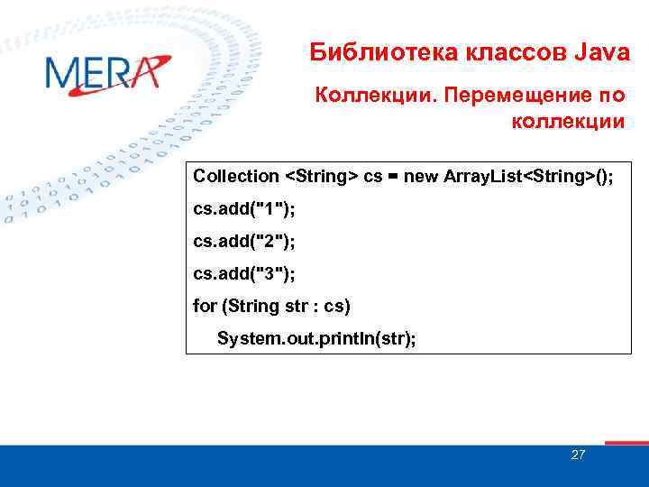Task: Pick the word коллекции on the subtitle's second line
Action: click(x=567, y=121)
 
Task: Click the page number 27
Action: click(x=578, y=455)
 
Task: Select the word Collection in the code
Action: click(x=236, y=176)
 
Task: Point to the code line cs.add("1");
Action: click(x=244, y=208)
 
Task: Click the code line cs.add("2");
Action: click(x=244, y=241)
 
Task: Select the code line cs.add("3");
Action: click(x=244, y=273)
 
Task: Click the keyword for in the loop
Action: click(x=205, y=306)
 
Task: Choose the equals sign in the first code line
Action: click(x=394, y=176)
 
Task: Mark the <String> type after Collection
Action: click(x=321, y=176)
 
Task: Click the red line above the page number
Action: click(x=626, y=443)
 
